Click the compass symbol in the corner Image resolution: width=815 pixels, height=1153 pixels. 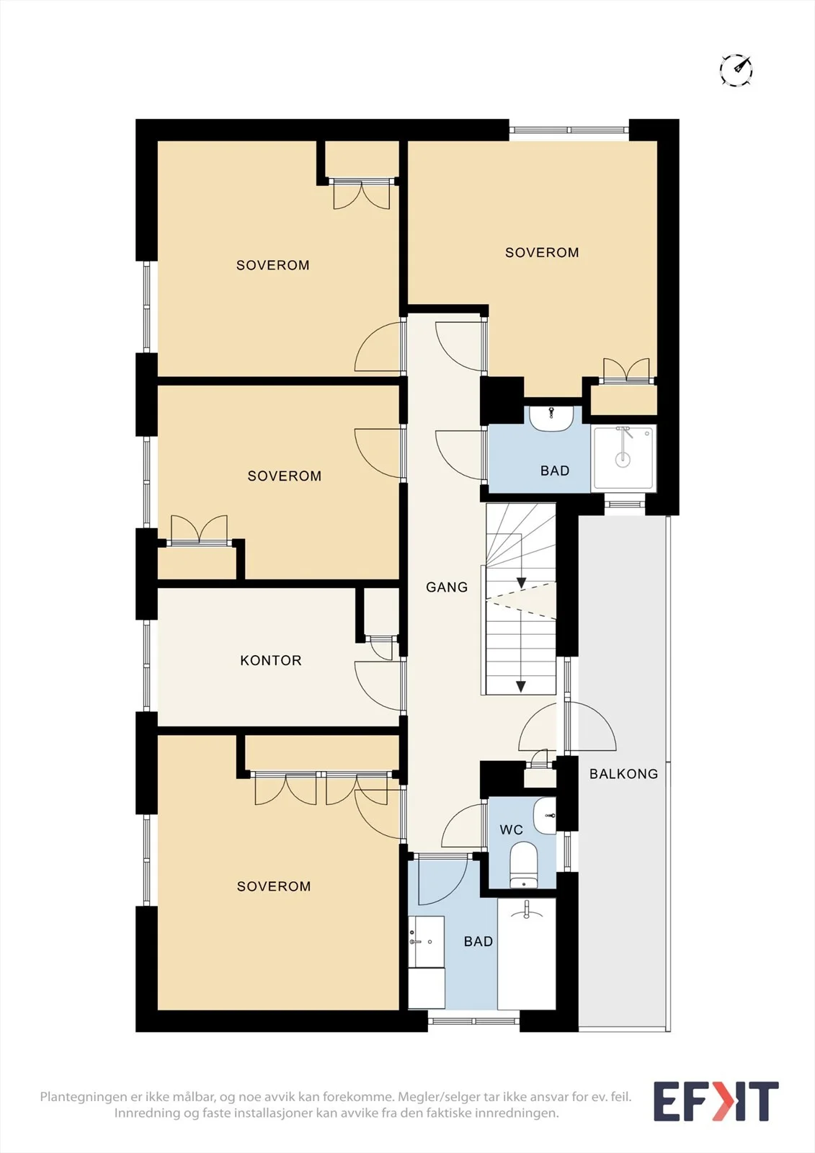[x=736, y=69]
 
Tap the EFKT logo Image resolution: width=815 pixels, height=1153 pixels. [x=716, y=1101]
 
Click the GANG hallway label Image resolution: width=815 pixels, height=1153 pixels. [x=447, y=587]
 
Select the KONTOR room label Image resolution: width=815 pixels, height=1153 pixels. [x=271, y=660]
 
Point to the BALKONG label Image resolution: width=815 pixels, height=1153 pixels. [x=623, y=774]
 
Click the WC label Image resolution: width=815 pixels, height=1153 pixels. [x=511, y=829]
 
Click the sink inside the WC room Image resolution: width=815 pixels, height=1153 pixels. [x=545, y=816]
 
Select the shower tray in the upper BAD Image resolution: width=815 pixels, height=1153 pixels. [x=623, y=458]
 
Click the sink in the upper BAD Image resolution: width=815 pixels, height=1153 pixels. [x=551, y=418]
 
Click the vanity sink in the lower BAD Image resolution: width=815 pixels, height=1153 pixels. [x=426, y=941]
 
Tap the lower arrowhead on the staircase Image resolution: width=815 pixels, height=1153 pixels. [x=521, y=687]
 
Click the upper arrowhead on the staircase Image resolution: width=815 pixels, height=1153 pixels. [x=521, y=583]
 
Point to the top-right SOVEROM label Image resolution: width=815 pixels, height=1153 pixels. [x=542, y=252]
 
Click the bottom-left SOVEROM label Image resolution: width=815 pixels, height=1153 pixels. [x=273, y=886]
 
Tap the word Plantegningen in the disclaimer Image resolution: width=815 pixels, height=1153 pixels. [x=84, y=1096]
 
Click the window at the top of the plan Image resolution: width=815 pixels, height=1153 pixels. [x=569, y=130]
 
